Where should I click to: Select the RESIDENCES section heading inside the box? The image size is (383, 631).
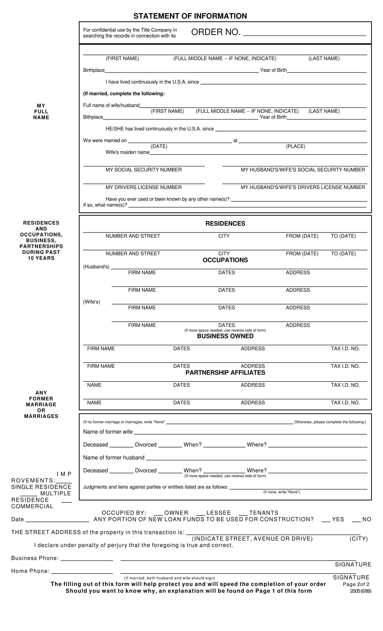click(x=225, y=224)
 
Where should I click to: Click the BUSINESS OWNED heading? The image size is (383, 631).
click(x=225, y=336)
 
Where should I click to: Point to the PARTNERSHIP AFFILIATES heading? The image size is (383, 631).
click(x=225, y=373)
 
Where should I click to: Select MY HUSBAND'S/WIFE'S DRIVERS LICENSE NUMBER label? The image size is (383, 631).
click(x=303, y=187)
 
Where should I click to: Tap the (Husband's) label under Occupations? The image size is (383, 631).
click(x=96, y=267)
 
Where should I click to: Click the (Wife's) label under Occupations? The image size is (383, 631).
click(x=92, y=302)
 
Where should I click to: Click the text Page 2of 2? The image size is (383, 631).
click(x=356, y=584)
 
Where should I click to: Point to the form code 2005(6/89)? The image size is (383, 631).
click(x=360, y=591)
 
